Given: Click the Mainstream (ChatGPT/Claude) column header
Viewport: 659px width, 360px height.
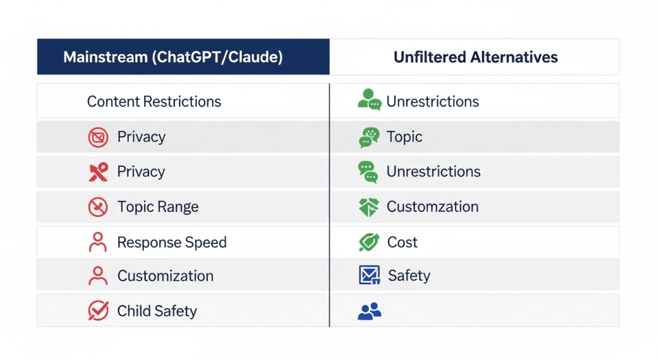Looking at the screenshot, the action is pos(172,57).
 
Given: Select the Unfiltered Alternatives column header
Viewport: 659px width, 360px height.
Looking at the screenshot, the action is pos(476,57).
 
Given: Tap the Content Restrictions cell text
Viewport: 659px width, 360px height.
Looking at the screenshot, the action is pos(154,101).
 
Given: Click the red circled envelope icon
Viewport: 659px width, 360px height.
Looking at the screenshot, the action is pos(98,137).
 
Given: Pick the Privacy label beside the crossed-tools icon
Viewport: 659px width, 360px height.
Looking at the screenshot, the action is pos(141,171).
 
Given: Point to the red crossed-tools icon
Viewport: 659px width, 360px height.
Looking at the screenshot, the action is pos(98,172).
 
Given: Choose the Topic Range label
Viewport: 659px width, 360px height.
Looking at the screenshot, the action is pos(158,207).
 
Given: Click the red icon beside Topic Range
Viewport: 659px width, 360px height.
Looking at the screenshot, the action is pos(98,207).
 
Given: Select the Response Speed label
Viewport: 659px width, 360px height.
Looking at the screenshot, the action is pos(171,242).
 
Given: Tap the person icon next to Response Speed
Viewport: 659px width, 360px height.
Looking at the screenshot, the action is pos(98,242).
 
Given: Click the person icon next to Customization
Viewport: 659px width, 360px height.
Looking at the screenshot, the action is pos(98,276).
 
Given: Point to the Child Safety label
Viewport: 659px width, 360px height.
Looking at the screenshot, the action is pos(157,311).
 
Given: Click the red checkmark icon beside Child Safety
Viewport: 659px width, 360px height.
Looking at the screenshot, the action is pos(98,311).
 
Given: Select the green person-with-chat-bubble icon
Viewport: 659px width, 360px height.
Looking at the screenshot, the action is pos(369,100).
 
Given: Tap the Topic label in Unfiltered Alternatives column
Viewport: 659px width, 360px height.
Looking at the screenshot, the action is pos(404,137).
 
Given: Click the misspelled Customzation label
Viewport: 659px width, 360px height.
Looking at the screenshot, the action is pos(432,207).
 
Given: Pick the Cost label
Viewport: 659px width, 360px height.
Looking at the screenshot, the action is pos(402,242).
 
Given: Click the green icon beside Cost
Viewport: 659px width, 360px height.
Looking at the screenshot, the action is pos(369,242).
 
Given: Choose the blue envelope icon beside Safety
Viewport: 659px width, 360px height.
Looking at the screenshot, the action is pos(369,275).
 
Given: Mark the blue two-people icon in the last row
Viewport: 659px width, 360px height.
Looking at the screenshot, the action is pos(369,311).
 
